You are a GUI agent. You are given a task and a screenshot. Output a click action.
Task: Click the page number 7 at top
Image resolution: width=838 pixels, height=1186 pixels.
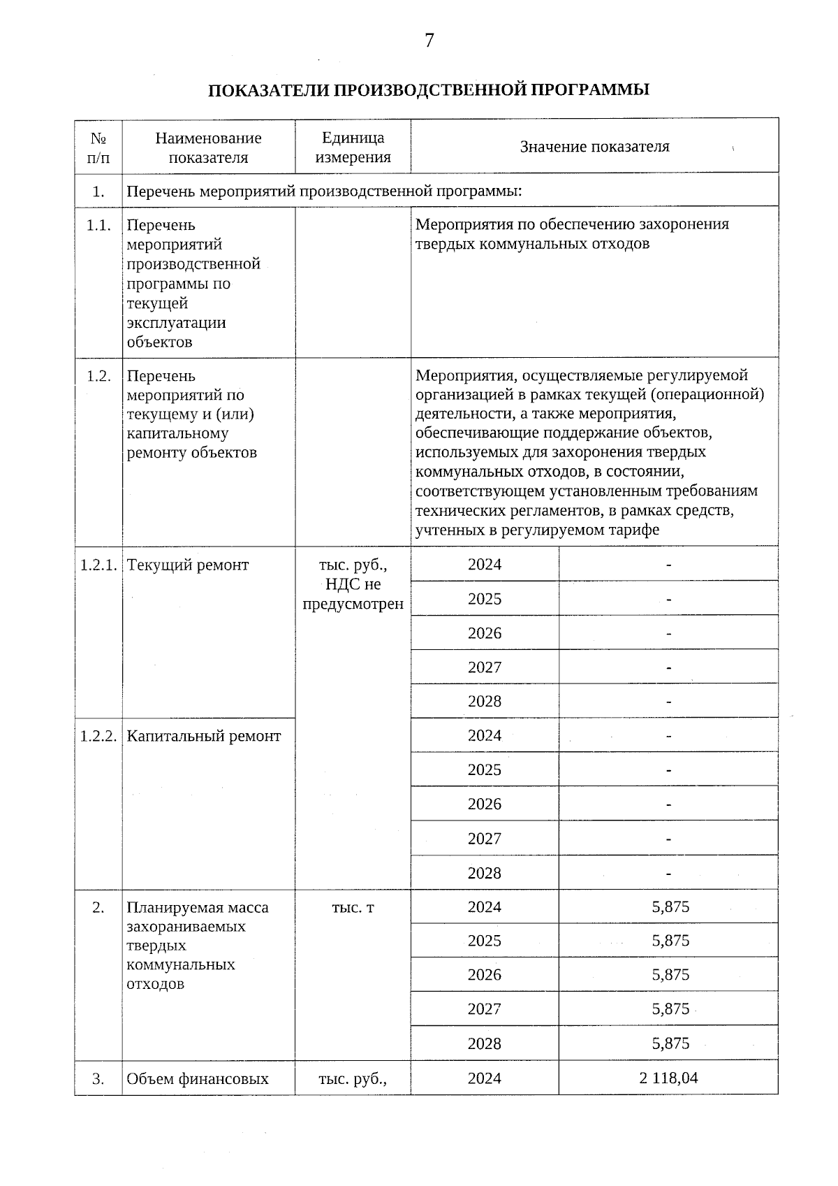click(429, 41)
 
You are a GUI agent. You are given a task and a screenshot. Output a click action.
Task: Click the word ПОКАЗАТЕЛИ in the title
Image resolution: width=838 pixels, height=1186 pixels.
click(264, 90)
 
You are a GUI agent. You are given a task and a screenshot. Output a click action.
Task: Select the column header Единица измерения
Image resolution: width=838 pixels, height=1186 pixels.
click(353, 147)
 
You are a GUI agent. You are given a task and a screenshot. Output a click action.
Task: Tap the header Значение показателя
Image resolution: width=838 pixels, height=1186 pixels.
click(594, 147)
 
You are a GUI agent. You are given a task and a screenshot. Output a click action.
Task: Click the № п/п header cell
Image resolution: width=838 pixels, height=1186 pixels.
click(98, 147)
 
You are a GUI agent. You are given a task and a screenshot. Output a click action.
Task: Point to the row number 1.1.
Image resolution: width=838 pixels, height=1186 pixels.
click(98, 225)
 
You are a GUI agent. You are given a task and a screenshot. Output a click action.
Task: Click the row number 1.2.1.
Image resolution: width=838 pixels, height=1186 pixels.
click(98, 565)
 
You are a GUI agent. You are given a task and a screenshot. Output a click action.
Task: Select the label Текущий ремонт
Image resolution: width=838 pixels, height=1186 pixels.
click(188, 565)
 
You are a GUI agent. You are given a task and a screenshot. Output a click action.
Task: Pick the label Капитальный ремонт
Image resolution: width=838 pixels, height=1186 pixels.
click(204, 736)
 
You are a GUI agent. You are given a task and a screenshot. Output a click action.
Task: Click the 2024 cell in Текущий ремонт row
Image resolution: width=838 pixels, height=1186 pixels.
click(485, 564)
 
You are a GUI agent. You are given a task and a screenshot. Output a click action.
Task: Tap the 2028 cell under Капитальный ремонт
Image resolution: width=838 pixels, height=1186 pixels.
click(485, 873)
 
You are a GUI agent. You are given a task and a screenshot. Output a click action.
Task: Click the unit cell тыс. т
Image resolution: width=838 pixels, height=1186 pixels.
click(353, 907)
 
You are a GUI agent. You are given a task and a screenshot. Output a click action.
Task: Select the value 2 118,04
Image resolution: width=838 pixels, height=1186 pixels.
click(668, 1078)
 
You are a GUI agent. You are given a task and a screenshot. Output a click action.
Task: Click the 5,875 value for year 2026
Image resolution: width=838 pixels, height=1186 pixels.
click(670, 975)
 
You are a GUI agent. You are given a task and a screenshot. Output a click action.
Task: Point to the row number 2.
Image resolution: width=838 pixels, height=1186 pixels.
click(98, 907)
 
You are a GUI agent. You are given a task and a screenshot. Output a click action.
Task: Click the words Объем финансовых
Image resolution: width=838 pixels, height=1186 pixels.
click(198, 1079)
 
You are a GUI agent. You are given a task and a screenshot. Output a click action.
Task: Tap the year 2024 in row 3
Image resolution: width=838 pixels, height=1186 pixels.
click(485, 1078)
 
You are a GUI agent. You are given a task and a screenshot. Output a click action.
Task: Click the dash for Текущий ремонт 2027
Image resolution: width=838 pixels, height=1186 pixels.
click(669, 667)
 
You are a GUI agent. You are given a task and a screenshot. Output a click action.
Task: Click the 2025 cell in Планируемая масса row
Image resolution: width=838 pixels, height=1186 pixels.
click(485, 941)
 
